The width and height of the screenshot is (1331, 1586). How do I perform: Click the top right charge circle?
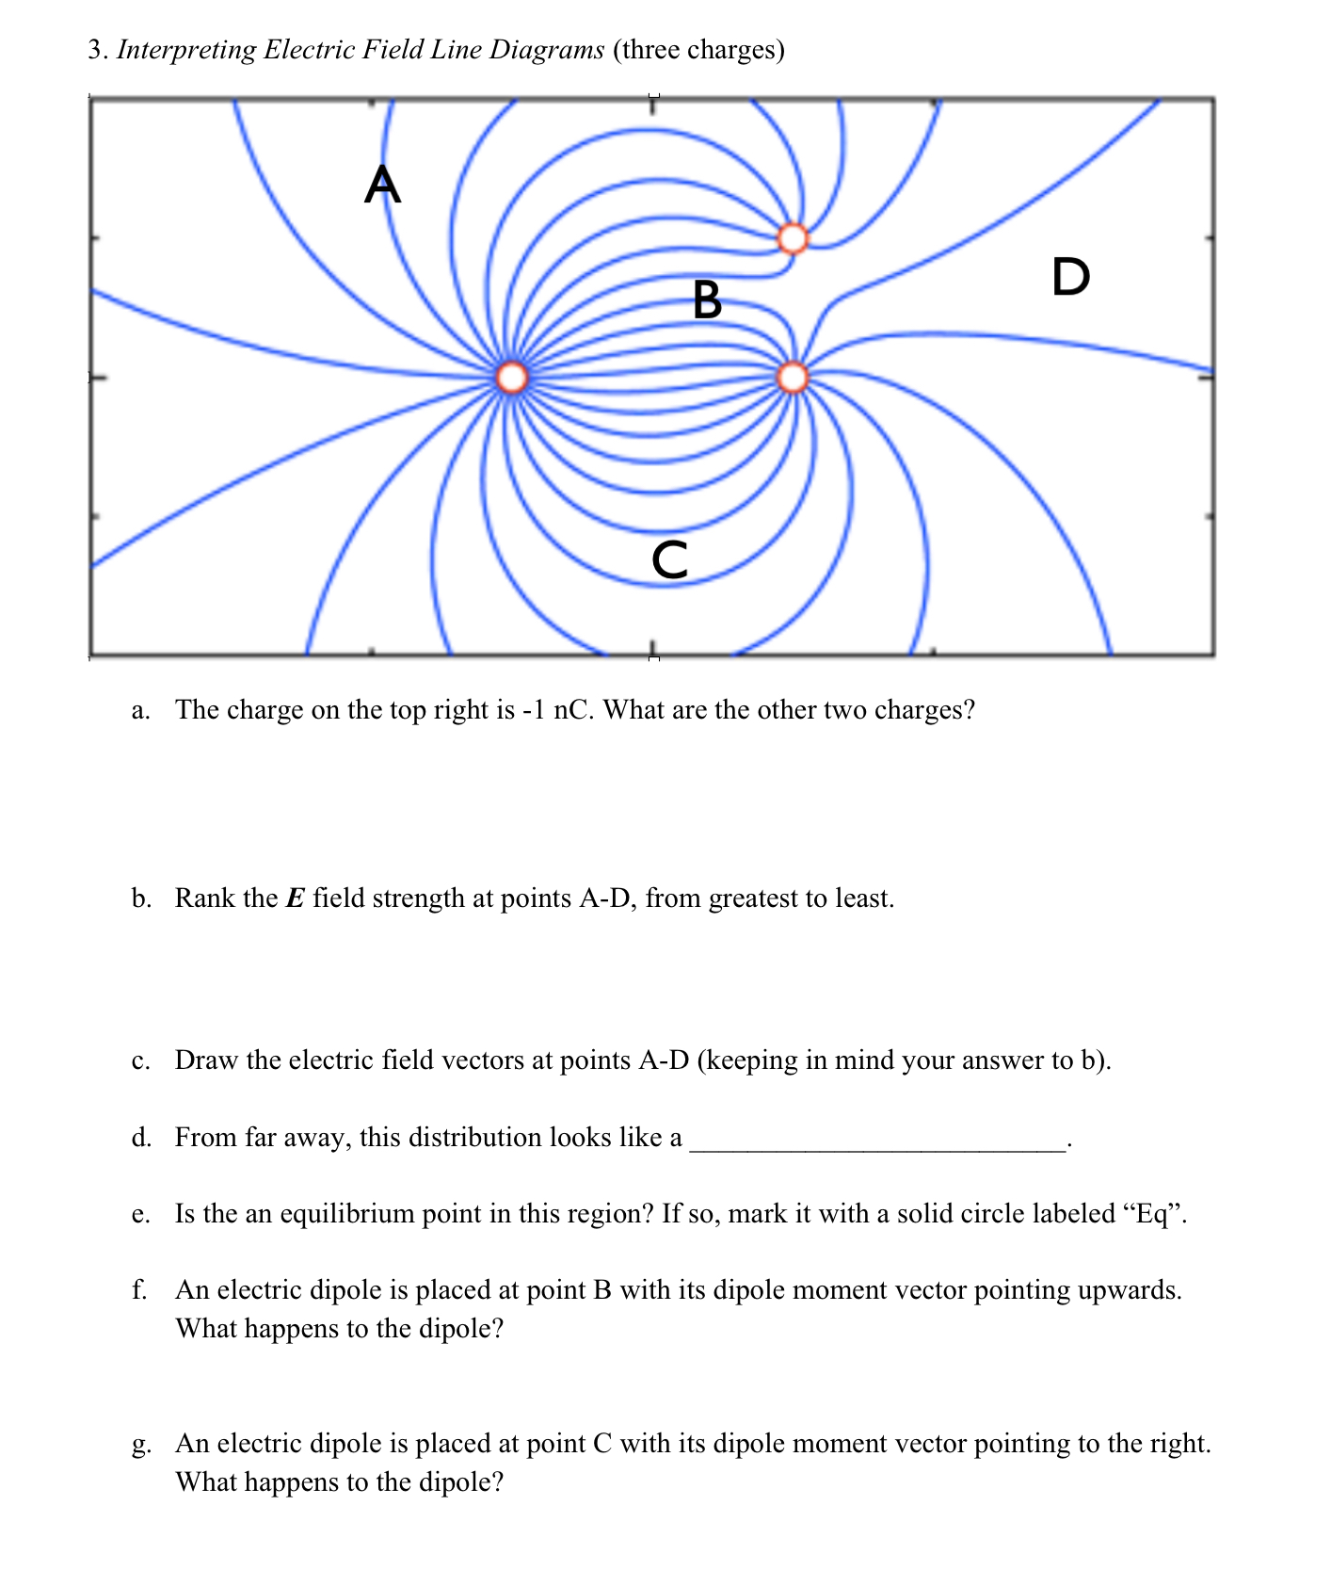point(793,238)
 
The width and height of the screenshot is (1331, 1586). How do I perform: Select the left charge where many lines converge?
point(512,378)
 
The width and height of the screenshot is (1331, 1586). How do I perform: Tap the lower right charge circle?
point(793,378)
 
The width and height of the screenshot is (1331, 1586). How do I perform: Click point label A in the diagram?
point(382,185)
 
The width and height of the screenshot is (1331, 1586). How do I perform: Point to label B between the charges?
point(707,300)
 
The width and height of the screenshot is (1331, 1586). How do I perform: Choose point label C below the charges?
point(669,559)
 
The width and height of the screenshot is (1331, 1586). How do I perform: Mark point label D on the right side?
point(1070,277)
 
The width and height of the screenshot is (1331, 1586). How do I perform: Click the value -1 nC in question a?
point(556,709)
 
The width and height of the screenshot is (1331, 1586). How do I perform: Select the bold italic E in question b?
point(296,898)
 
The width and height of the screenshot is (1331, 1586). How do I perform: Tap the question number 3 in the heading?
point(95,50)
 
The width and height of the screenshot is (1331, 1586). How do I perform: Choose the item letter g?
point(140,1445)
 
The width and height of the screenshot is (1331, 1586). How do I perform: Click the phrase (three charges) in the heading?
point(699,50)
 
